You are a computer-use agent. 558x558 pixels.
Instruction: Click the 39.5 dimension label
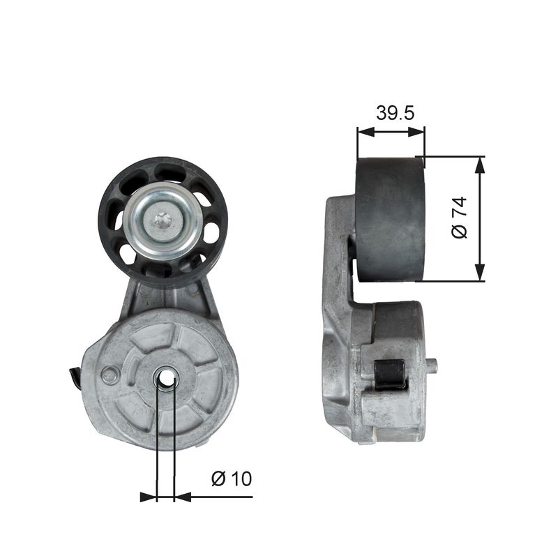[395, 112]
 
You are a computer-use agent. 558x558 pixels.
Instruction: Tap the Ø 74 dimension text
[459, 217]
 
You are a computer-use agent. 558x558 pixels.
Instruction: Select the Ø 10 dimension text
[232, 478]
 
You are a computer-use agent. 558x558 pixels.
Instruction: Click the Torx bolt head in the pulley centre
[163, 221]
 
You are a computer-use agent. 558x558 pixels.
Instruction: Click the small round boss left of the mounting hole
[110, 375]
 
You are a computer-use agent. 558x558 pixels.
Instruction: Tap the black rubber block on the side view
[390, 375]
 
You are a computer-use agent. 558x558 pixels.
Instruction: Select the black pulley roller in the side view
[390, 219]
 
